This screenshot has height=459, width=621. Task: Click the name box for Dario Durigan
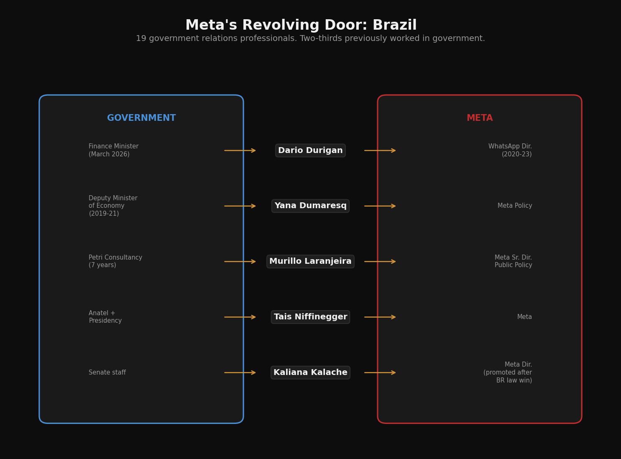pos(310,150)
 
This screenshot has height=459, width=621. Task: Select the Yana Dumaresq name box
pos(310,206)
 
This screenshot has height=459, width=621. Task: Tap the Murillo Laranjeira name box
pos(310,262)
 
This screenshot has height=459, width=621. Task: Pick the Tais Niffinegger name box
pos(310,317)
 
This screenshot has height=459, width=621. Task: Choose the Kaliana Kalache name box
pos(310,372)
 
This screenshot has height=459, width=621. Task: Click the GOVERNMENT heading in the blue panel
pos(141,118)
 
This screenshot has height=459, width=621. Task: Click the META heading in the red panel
pos(480,118)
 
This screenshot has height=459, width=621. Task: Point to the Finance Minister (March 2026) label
pos(113,150)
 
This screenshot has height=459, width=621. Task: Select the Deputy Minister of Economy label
pos(113,206)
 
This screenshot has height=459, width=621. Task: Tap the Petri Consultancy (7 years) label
pos(115,262)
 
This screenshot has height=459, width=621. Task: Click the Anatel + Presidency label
pos(105,317)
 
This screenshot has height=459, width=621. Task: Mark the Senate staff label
pos(107,372)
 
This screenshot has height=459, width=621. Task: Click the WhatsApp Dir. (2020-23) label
pos(510,150)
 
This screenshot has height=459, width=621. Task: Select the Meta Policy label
pos(515,206)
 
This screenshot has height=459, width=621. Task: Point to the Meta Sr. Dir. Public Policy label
pos(513,262)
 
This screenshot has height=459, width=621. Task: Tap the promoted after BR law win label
pos(508,372)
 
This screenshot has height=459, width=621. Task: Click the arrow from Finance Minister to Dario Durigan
pos(240,150)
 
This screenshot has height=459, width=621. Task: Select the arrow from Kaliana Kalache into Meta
pos(380,372)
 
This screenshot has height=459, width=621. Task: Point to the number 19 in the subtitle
pos(141,38)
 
